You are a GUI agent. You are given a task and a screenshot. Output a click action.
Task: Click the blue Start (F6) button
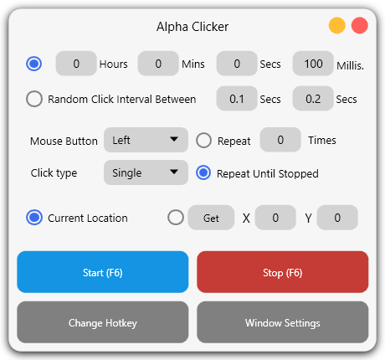tap(103, 272)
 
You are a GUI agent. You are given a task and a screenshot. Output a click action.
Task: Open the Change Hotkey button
tap(103, 322)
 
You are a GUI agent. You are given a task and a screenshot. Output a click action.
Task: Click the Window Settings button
tap(282, 322)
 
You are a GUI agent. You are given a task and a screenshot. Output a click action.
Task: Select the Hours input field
tap(76, 64)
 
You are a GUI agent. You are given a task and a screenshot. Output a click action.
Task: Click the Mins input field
tap(158, 64)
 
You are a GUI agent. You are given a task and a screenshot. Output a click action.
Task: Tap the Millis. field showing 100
tap(313, 64)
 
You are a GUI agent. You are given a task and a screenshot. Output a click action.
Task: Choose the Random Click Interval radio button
tap(34, 99)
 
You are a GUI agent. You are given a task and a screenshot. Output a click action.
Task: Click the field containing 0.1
tap(237, 99)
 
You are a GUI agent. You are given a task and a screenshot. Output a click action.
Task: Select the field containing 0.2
tap(313, 99)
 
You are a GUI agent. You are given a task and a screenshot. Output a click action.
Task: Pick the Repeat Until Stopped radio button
tap(203, 173)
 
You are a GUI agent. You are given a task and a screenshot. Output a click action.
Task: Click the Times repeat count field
tap(280, 140)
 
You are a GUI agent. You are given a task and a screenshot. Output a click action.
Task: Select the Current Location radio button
tap(34, 218)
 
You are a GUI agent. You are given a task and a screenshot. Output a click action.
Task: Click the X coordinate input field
tap(275, 218)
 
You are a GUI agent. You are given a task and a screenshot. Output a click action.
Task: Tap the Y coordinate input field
tap(337, 218)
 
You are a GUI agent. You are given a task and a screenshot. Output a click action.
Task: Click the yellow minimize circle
tap(337, 26)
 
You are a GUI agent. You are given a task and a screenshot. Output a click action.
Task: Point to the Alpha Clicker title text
tap(192, 27)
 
